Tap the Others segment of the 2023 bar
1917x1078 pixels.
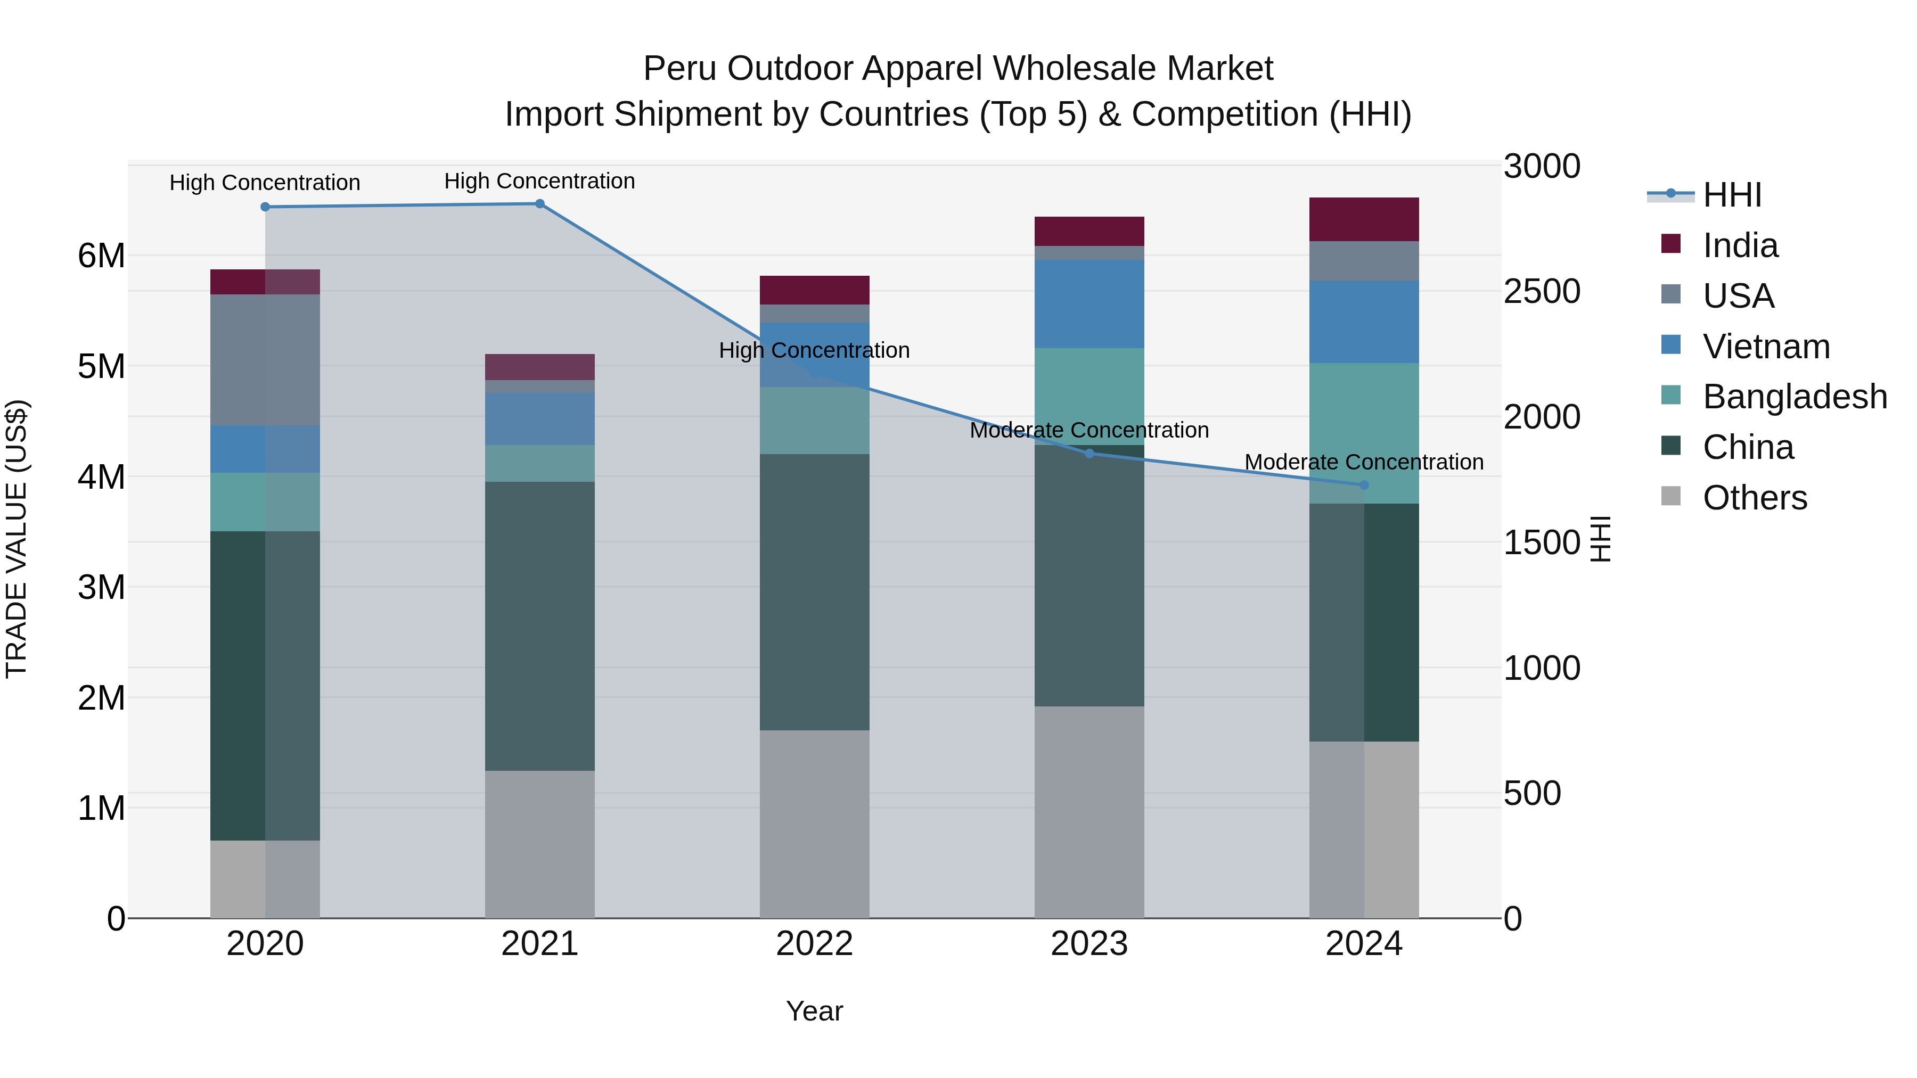pyautogui.click(x=1089, y=812)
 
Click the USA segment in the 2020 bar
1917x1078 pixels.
pyautogui.click(x=265, y=360)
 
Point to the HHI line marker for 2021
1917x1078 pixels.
pyautogui.click(x=539, y=204)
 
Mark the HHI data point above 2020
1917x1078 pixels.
pyautogui.click(x=265, y=207)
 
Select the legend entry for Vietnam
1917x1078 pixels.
pyautogui.click(x=1765, y=347)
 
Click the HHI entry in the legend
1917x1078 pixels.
pyautogui.click(x=1731, y=195)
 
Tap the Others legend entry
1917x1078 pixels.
pyautogui.click(x=1754, y=498)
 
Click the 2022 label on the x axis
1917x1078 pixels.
pyautogui.click(x=814, y=944)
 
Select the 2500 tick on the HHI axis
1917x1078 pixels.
pyautogui.click(x=1541, y=292)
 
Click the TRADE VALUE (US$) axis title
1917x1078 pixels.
pyautogui.click(x=17, y=539)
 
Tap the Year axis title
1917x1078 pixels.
pyautogui.click(x=814, y=1011)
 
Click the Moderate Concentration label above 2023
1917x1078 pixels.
pyautogui.click(x=1089, y=430)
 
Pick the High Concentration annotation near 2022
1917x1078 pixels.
pyautogui.click(x=814, y=350)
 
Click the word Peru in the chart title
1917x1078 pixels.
pyautogui.click(x=679, y=69)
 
